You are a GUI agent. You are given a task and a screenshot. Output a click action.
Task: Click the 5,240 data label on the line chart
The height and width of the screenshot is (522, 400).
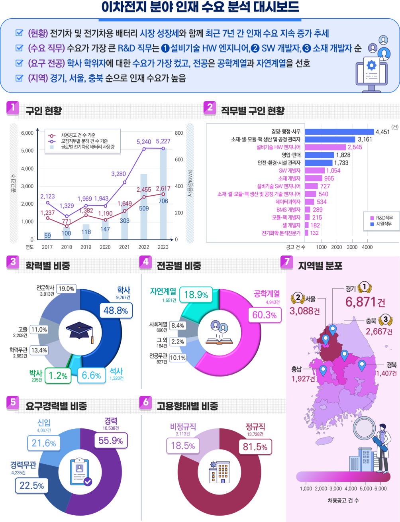(x=144, y=142)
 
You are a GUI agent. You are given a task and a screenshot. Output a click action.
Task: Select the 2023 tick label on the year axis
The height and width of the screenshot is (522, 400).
(x=163, y=247)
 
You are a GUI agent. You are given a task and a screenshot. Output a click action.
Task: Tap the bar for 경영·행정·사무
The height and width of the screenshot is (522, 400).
(x=339, y=132)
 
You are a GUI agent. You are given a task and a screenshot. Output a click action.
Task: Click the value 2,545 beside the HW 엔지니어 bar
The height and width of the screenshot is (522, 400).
(x=355, y=147)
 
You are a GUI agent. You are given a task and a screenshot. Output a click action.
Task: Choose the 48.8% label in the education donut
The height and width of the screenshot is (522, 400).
(x=116, y=311)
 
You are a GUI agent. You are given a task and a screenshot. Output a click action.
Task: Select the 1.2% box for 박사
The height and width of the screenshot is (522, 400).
(x=58, y=376)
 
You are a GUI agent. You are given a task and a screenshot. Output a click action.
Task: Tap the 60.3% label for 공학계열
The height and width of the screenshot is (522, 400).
(x=265, y=315)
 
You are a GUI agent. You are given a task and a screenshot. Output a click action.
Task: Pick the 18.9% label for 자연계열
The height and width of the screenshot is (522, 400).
(x=196, y=295)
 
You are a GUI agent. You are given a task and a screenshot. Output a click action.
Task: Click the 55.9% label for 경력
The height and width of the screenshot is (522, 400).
(x=111, y=441)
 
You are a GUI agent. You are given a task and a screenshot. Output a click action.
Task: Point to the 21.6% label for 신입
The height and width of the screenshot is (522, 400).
(x=44, y=443)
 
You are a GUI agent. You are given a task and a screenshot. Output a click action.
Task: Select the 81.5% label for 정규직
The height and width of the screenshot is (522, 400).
(x=255, y=447)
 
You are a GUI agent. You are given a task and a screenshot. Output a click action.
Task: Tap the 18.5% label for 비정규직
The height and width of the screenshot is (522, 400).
(x=183, y=446)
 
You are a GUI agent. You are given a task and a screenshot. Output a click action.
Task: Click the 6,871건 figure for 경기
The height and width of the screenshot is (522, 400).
(x=365, y=302)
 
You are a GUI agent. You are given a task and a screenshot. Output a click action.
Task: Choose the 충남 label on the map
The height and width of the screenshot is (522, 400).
(x=296, y=369)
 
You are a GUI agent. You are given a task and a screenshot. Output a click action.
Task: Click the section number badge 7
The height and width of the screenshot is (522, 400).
(x=287, y=262)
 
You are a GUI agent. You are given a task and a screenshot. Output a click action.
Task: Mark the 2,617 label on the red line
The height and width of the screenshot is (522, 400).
(x=163, y=188)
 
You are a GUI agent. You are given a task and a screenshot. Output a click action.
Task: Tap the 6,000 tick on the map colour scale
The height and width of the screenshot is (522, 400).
(x=380, y=489)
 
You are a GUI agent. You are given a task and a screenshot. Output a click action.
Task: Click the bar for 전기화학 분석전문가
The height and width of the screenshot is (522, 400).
(x=306, y=233)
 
